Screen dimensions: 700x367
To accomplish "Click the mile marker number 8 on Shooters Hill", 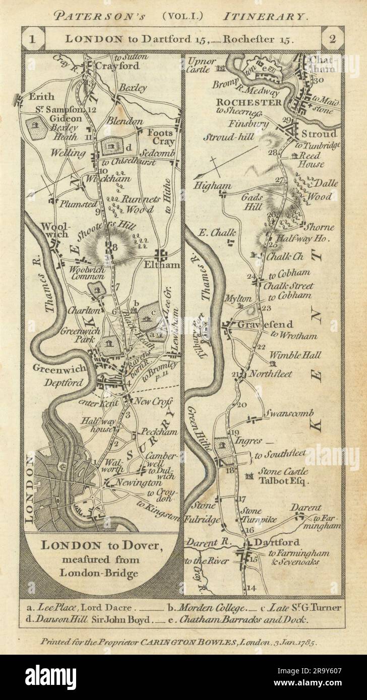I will [x=114, y=247].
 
